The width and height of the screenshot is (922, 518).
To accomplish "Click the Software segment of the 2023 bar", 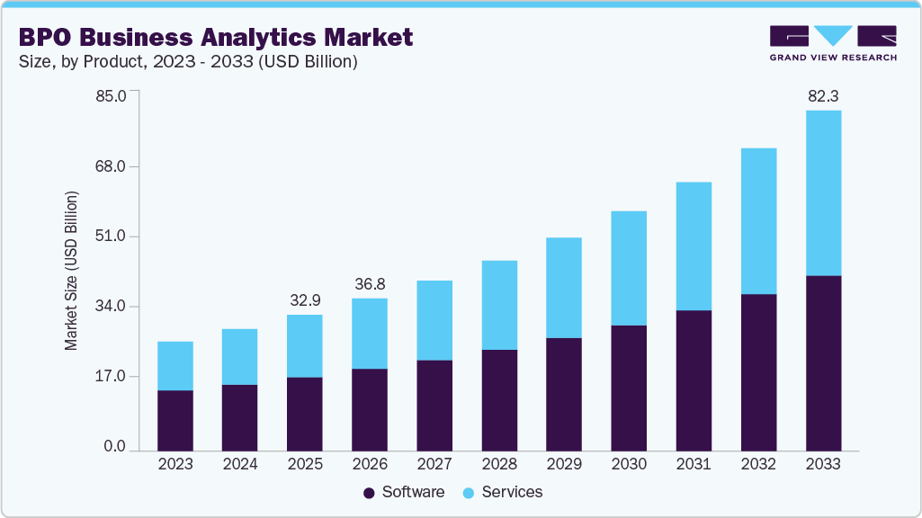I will pos(175,420).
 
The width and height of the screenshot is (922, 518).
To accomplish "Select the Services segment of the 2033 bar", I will pos(823,192).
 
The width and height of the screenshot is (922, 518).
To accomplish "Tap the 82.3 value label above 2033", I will pos(823,95).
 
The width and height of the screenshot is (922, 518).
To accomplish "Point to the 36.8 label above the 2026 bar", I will pos(370,283).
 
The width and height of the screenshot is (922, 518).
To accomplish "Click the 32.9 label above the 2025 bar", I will pos(305,299).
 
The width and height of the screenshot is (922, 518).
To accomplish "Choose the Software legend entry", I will pos(404,492).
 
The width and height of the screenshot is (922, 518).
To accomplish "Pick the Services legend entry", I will pos(504,492).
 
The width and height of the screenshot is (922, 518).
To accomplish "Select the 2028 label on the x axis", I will pos(499,464).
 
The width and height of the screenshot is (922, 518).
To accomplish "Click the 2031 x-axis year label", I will pos(694,464).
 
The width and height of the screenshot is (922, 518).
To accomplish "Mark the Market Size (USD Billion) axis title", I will pos(71,271).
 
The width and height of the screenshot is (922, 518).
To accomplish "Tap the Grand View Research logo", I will pos(833,42).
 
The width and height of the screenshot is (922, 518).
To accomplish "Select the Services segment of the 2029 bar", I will pos(564,288).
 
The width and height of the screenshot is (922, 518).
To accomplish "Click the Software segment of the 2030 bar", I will pos(629,388).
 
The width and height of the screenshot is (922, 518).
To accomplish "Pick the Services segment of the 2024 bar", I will pos(240,356).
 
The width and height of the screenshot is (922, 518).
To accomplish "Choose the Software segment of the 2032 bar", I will pos(758,372).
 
